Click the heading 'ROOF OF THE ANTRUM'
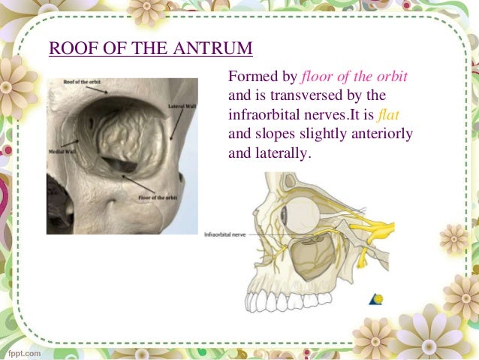[x=150, y=50]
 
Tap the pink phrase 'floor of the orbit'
[x=354, y=78]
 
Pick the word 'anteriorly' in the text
[x=384, y=135]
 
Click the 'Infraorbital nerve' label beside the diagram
[x=225, y=235]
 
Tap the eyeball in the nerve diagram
[x=303, y=213]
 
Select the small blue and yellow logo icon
[x=376, y=299]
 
